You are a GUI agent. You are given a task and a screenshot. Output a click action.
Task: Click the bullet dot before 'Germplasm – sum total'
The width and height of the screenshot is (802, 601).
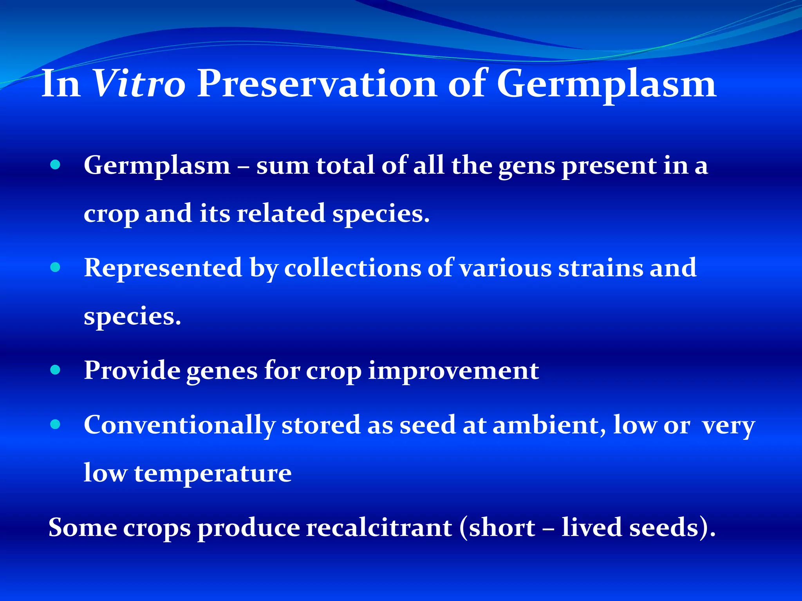[x=56, y=165]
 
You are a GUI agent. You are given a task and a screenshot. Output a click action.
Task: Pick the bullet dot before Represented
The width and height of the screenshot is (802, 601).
[x=56, y=267]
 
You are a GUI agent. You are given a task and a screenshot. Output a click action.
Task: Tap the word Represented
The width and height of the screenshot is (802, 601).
[x=163, y=268]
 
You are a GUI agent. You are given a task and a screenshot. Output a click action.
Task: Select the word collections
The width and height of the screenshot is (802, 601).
[x=352, y=268]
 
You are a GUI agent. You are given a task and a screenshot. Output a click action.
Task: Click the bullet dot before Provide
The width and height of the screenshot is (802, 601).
[x=56, y=370]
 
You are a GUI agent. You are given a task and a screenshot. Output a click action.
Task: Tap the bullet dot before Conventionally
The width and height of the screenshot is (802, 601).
[x=56, y=424]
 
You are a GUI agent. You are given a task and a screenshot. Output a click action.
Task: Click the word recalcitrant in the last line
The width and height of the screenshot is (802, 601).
[x=379, y=528]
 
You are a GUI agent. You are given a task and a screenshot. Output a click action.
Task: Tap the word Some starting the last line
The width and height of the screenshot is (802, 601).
[x=82, y=528]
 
